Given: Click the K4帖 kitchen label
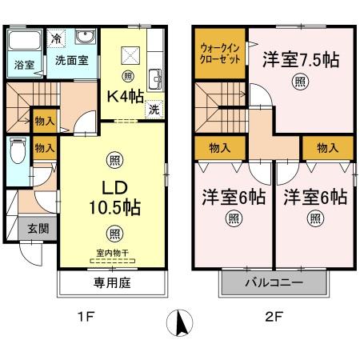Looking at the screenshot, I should tap(126, 95).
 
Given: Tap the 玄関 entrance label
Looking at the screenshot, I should tap(38, 228).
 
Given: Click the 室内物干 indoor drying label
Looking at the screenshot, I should tap(114, 254).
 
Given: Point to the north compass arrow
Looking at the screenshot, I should tap(181, 323).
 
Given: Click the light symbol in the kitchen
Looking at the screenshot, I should tap(128, 78).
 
